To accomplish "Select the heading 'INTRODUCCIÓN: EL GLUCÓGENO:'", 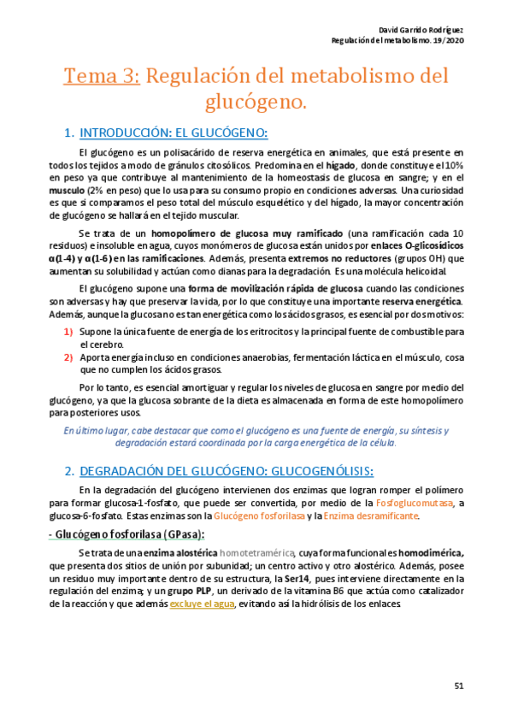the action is coord(173,133).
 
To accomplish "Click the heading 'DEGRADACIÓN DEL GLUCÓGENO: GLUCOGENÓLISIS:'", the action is coord(226,471).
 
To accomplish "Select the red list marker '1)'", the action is coord(68,331).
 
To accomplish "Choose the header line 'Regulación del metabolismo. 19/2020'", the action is coord(397,41).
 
